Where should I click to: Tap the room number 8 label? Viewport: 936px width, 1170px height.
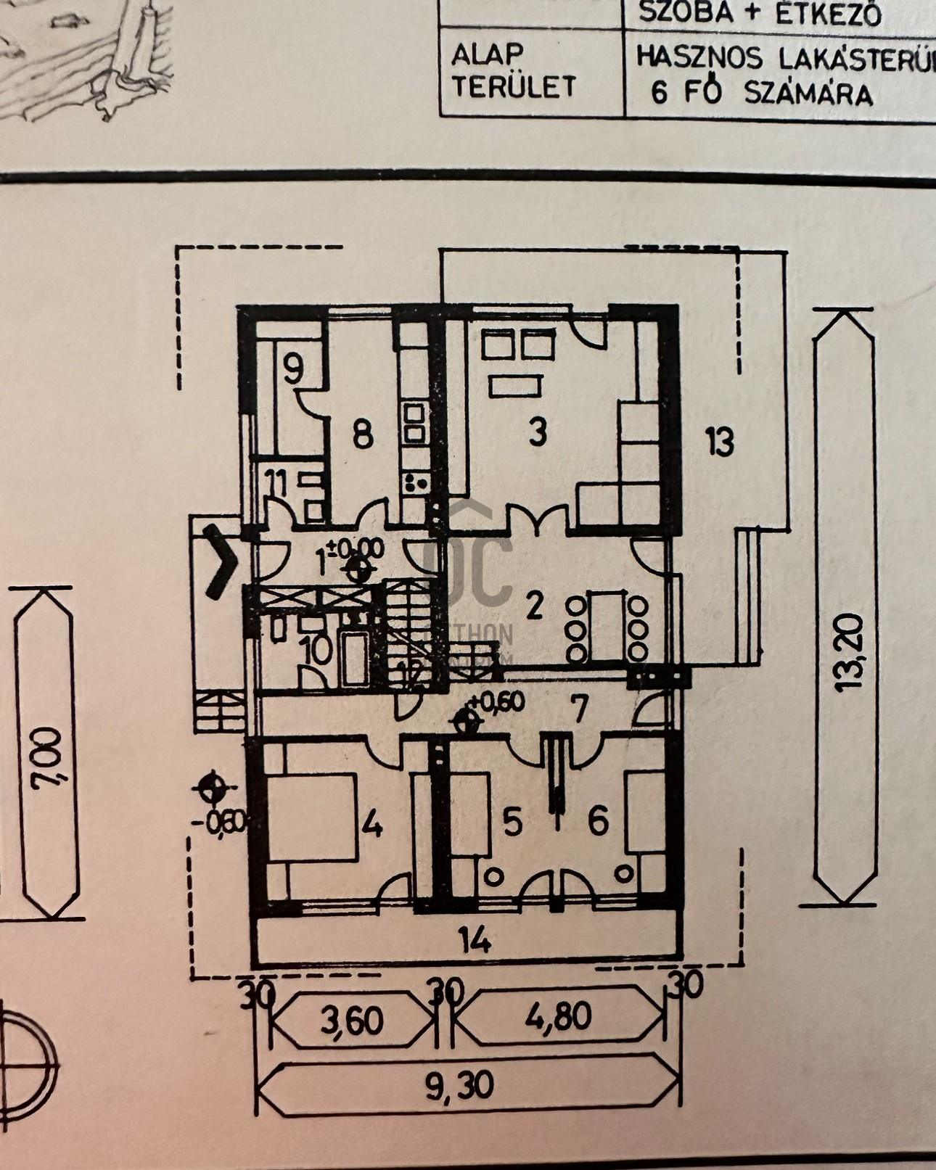point(362,435)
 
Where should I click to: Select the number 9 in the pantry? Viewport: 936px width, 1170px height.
point(292,372)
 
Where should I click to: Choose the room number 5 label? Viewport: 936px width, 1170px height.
point(512,823)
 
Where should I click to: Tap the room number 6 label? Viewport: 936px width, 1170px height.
point(598,822)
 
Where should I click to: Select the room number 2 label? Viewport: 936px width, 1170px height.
point(534,607)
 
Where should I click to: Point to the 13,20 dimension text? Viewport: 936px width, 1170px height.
point(850,652)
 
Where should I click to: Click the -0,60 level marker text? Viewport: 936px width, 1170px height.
point(228,822)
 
